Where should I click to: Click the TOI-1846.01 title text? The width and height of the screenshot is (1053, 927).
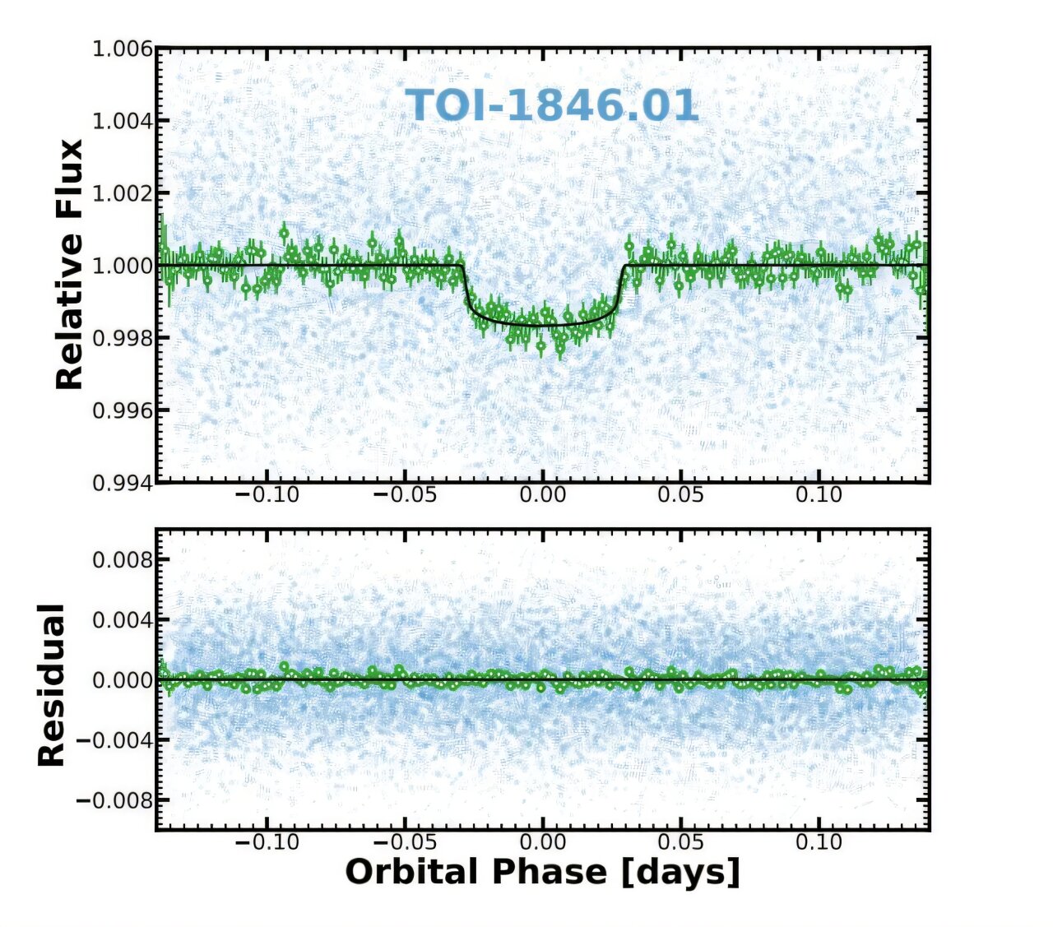pyautogui.click(x=552, y=106)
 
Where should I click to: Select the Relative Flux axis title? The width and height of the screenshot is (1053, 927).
pyautogui.click(x=70, y=264)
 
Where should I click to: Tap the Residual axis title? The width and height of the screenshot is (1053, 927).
pyautogui.click(x=52, y=685)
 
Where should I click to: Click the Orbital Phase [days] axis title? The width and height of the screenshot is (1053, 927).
pyautogui.click(x=542, y=872)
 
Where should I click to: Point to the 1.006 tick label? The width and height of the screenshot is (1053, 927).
pyautogui.click(x=123, y=49)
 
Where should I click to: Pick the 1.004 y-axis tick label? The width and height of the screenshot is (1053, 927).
pyautogui.click(x=123, y=121)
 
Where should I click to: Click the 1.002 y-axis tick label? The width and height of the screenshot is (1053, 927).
pyautogui.click(x=123, y=193)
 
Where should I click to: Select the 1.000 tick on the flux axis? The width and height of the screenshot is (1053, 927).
pyautogui.click(x=123, y=266)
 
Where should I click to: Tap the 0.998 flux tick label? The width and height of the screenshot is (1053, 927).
pyautogui.click(x=123, y=338)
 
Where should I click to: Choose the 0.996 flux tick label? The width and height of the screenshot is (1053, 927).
pyautogui.click(x=123, y=410)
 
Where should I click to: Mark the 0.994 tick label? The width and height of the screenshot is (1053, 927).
pyautogui.click(x=123, y=483)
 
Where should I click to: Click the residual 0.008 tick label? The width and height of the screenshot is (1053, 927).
pyautogui.click(x=123, y=560)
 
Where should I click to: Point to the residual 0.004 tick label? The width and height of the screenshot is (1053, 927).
pyautogui.click(x=123, y=620)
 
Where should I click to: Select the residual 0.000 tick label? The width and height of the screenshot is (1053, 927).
pyautogui.click(x=123, y=680)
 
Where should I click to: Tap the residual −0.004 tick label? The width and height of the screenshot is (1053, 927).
pyautogui.click(x=115, y=740)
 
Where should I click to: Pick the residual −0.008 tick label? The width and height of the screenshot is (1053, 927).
pyautogui.click(x=115, y=800)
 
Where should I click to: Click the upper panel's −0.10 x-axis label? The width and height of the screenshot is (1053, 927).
pyautogui.click(x=266, y=495)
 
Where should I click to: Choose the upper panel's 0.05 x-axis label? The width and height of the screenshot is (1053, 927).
pyautogui.click(x=681, y=495)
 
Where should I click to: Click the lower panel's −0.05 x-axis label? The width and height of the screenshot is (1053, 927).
pyautogui.click(x=403, y=842)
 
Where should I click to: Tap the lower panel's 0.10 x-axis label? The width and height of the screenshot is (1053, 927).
pyautogui.click(x=819, y=842)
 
